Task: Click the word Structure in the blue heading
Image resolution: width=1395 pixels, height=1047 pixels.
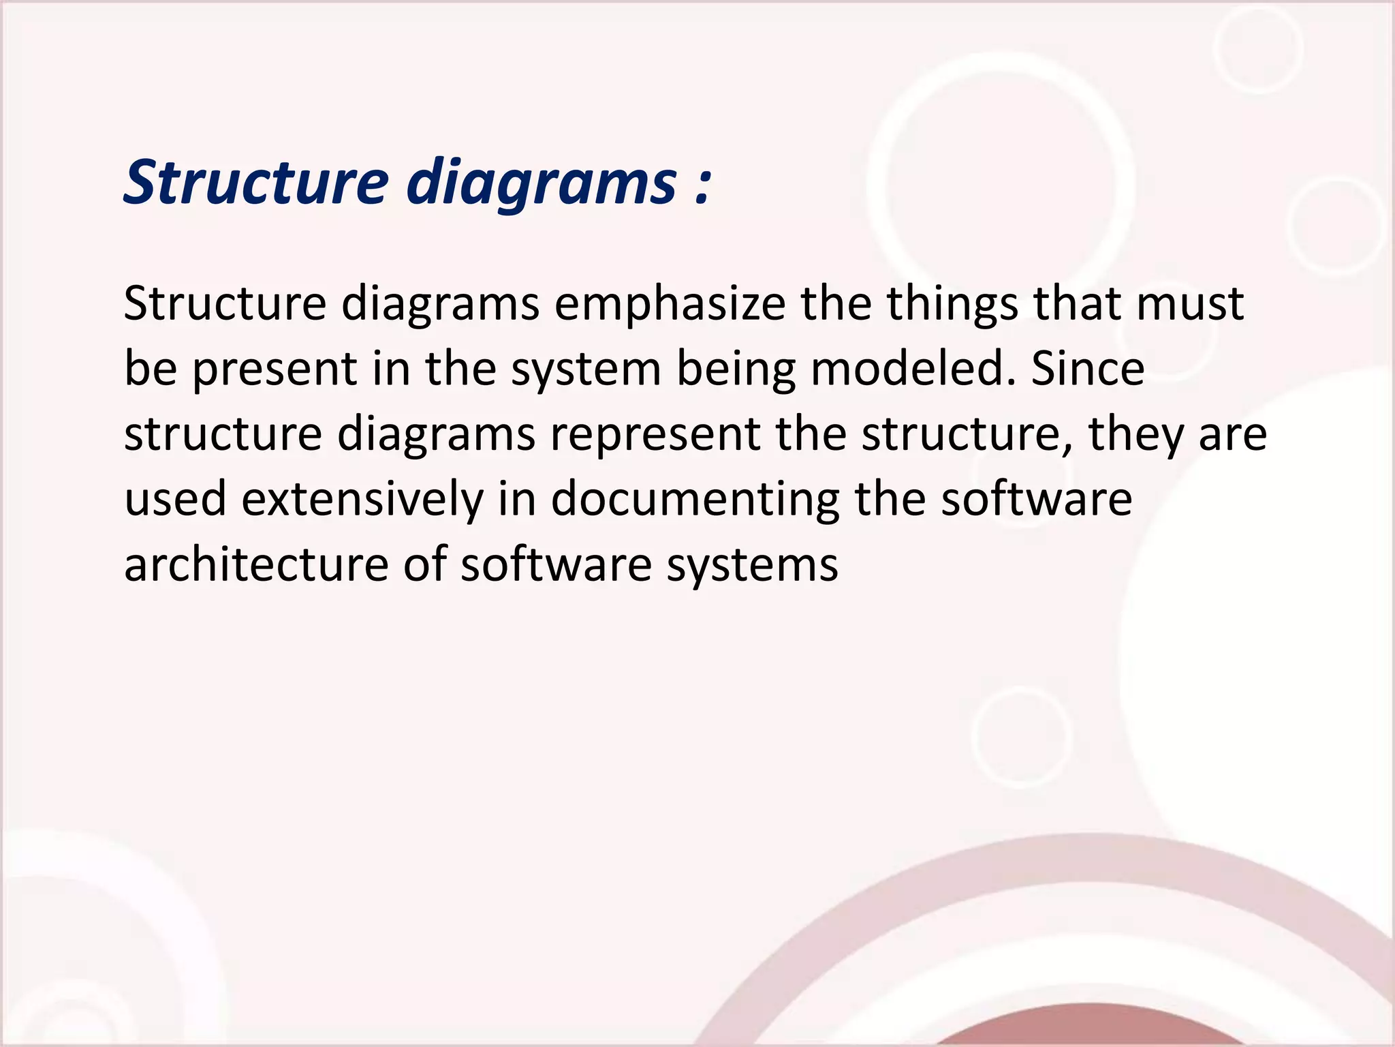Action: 257,183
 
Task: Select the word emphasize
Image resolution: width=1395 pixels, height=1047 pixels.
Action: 670,305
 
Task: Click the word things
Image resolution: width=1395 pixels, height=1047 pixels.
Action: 952,305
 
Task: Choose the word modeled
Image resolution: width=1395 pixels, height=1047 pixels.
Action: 912,369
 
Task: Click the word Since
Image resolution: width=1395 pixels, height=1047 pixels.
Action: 1088,369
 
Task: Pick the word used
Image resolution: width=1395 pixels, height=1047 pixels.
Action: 175,500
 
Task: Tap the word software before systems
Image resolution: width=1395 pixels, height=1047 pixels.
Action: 556,565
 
